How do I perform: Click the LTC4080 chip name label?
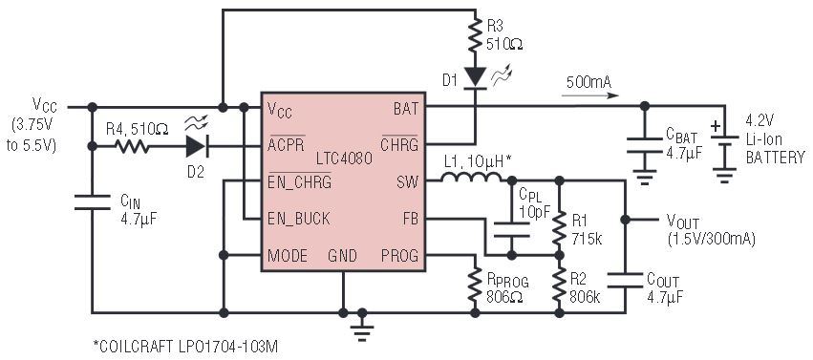click(x=344, y=159)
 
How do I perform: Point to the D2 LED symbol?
click(x=196, y=146)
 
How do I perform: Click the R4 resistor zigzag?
click(x=131, y=147)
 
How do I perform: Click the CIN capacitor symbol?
click(x=93, y=202)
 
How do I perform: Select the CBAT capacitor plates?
click(x=645, y=145)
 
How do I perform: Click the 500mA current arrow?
click(x=590, y=95)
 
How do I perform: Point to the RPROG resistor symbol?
click(x=475, y=286)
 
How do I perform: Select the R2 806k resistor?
click(x=559, y=286)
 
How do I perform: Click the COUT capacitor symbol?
click(x=626, y=280)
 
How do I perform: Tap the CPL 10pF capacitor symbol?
click(x=512, y=229)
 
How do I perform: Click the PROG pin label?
click(x=399, y=256)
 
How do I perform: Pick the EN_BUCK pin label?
click(x=299, y=219)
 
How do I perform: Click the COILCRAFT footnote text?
click(x=185, y=347)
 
